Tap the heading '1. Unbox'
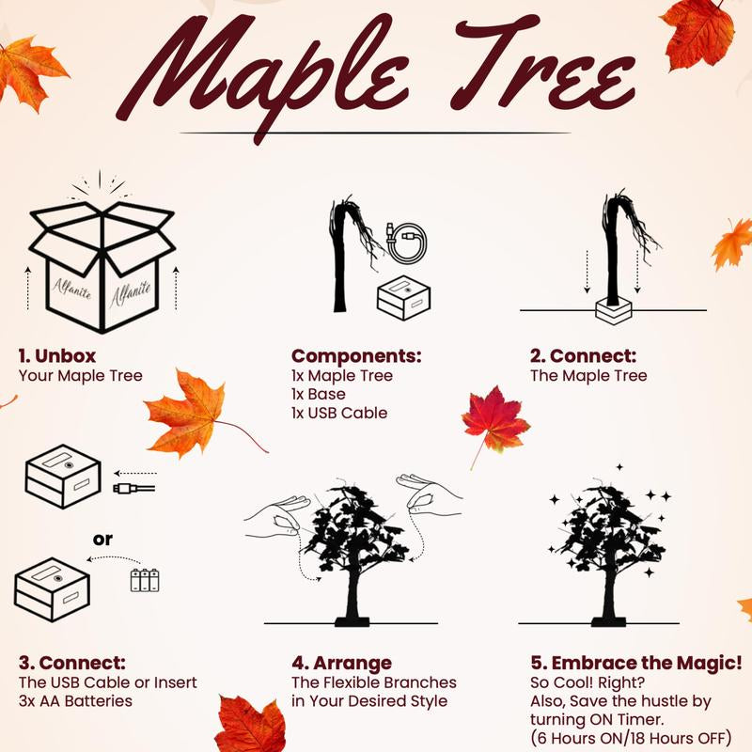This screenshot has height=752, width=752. (57, 356)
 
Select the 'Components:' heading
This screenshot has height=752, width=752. (356, 356)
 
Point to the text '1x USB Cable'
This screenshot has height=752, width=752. (339, 413)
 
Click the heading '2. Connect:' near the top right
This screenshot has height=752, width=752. (582, 356)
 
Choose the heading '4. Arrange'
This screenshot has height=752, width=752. (342, 663)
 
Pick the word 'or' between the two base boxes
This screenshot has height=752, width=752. (102, 540)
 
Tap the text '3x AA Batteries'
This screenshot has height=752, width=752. (77, 700)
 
